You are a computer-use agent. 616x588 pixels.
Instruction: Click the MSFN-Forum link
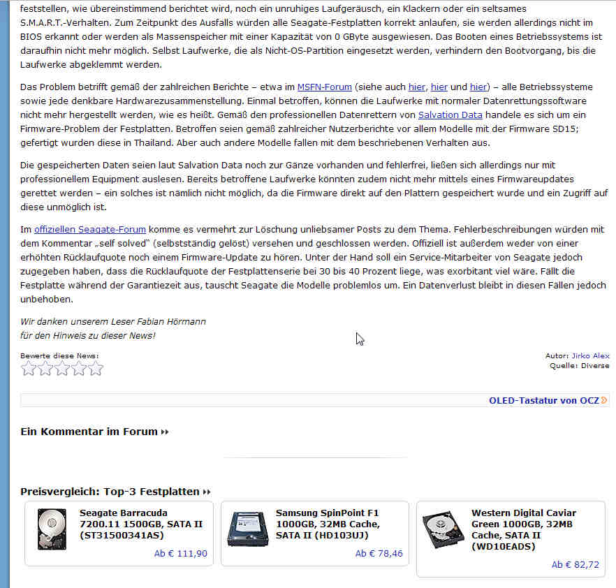coord(324,87)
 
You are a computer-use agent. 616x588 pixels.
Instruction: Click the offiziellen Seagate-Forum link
coord(90,229)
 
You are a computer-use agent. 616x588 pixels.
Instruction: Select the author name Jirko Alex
coord(590,355)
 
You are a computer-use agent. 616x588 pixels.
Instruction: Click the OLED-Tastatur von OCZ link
coord(544,400)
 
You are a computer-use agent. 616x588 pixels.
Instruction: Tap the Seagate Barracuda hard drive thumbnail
coord(52,529)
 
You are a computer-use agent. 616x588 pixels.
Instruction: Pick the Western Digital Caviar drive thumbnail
coord(443,529)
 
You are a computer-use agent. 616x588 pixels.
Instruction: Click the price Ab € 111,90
coord(180,554)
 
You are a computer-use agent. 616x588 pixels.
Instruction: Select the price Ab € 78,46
coord(379,554)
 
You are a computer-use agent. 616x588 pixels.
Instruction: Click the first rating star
coord(29,369)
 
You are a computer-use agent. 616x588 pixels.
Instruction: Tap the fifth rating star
coord(96,369)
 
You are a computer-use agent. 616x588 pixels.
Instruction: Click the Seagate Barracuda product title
coord(141,524)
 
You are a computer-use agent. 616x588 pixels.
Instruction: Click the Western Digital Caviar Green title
coord(523,529)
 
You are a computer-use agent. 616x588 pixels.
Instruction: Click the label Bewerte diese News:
coord(59,355)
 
